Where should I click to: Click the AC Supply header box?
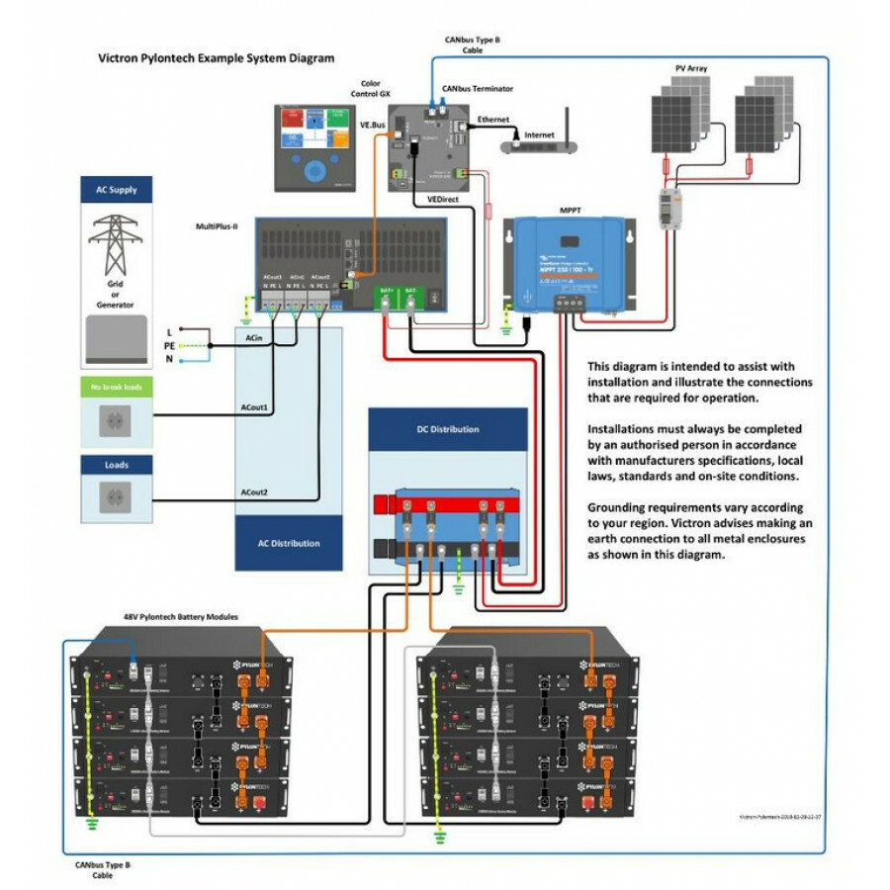pyautogui.click(x=116, y=190)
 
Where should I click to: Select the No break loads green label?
pyautogui.click(x=116, y=388)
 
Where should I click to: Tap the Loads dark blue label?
pyautogui.click(x=116, y=465)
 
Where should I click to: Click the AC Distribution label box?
pyautogui.click(x=289, y=543)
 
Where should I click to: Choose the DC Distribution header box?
pyautogui.click(x=447, y=429)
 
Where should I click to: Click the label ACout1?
pyautogui.click(x=255, y=407)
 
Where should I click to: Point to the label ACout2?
pyautogui.click(x=255, y=491)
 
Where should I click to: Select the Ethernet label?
pyautogui.click(x=493, y=120)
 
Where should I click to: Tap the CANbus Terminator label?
pyautogui.click(x=477, y=88)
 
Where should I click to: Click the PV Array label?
pyautogui.click(x=691, y=68)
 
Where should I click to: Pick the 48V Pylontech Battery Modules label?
pyautogui.click(x=181, y=615)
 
